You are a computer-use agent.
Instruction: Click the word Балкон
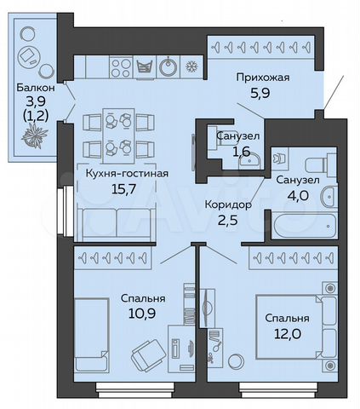[35, 88]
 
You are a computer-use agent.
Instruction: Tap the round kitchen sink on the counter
[169, 66]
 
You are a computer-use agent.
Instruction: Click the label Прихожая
[262, 78]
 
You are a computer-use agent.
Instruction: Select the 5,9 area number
[262, 95]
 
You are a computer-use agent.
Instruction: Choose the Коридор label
[228, 204]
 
